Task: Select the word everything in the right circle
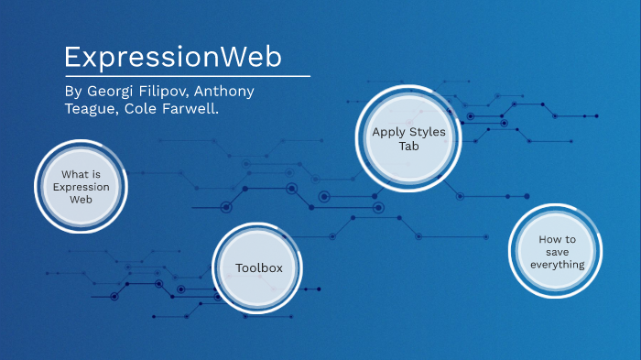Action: [557, 265]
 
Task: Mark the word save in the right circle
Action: [557, 252]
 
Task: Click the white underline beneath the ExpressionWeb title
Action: [187, 76]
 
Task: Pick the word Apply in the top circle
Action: [386, 132]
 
